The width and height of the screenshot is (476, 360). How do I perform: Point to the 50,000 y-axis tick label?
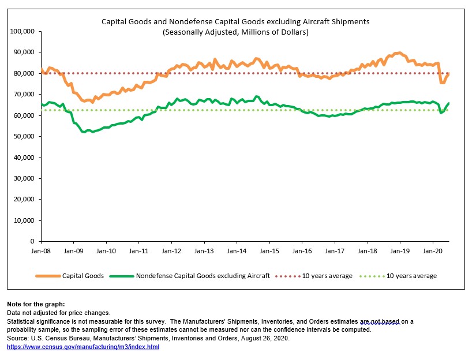25,136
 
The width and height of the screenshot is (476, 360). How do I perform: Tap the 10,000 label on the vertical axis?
25,220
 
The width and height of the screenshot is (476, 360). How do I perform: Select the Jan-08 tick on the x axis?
40,252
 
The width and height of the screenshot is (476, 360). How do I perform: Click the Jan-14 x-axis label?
237,252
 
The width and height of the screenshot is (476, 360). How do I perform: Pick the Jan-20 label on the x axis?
433,252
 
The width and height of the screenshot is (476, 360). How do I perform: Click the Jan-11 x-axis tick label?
138,252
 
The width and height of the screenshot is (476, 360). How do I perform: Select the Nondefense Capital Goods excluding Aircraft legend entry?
203,276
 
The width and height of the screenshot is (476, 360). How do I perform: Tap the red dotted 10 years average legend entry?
327,276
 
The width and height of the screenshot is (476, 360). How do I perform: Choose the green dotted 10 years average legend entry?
411,276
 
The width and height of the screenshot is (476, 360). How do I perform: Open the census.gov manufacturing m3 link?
83,347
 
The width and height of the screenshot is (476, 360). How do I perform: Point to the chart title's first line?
235,21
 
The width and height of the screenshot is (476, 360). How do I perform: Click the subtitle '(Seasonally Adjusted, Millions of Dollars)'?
235,32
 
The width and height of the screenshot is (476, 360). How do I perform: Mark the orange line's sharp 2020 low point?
442,82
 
